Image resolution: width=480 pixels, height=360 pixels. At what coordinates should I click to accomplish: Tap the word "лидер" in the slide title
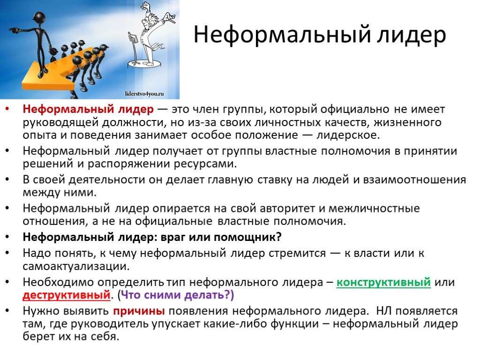[411, 35]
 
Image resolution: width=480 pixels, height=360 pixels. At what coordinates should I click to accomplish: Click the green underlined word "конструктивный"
[383, 282]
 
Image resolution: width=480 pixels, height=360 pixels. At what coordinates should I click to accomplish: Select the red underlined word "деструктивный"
[67, 295]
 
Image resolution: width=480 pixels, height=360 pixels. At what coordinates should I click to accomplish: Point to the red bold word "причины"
[139, 311]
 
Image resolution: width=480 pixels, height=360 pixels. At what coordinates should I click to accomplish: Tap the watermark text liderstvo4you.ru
[144, 94]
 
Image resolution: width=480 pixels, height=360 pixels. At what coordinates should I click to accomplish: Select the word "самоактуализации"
[76, 266]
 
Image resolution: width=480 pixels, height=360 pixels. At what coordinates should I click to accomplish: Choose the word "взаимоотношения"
[414, 180]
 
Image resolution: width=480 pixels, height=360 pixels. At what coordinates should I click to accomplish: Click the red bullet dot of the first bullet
[7, 109]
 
